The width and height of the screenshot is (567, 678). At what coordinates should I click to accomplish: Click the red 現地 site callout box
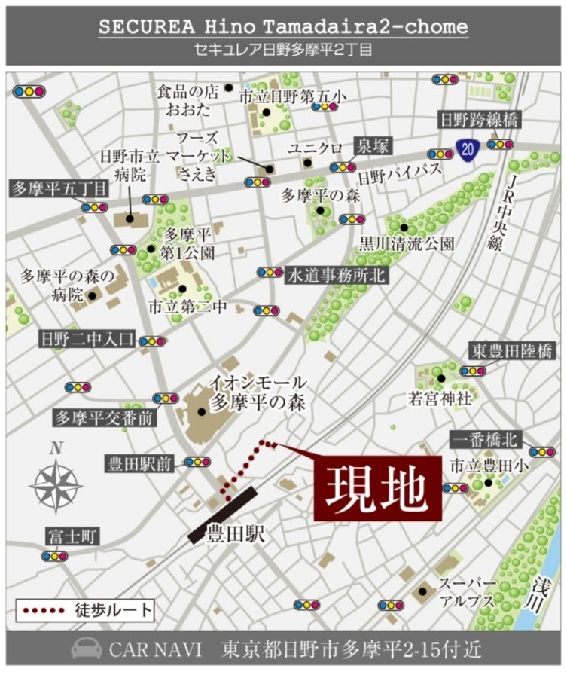point(377,488)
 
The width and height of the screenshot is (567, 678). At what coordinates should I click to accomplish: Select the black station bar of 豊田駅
point(223,515)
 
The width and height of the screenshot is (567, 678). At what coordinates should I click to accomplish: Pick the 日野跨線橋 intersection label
point(480,120)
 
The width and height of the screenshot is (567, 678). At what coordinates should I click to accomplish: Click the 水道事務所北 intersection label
point(336,275)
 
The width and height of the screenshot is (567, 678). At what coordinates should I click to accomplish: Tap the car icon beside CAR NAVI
point(86,649)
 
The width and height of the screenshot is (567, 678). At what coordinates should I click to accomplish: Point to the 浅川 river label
point(537,594)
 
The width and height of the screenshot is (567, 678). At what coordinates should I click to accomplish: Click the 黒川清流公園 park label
point(407,243)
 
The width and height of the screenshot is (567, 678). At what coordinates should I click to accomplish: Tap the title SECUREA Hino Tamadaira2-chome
point(283,27)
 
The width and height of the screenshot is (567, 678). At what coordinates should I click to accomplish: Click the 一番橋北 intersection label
point(485,439)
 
